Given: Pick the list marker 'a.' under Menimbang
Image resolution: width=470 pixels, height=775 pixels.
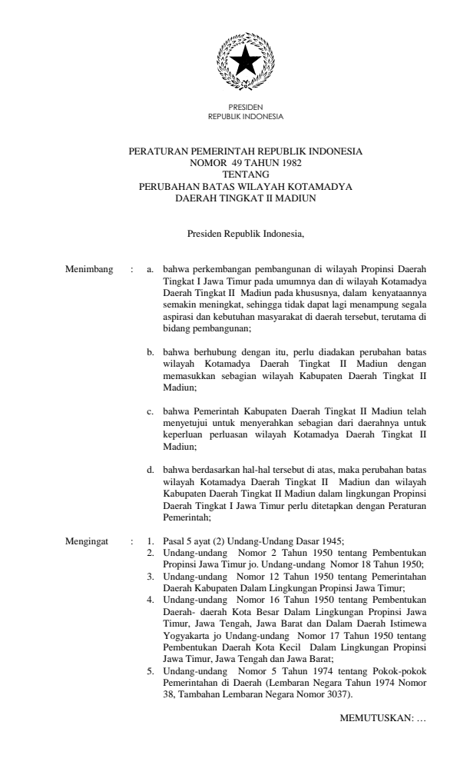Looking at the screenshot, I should (x=151, y=270).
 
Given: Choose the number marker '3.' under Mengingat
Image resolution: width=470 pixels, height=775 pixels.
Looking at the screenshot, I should (x=151, y=574).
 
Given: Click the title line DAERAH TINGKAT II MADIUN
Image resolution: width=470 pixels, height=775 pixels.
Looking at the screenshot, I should (x=246, y=198).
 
